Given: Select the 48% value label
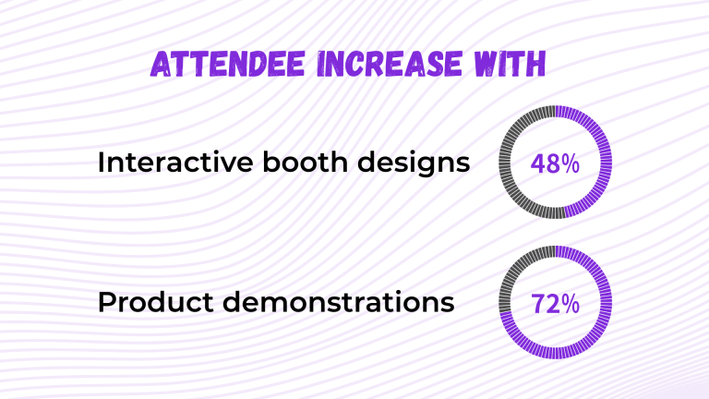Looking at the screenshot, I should (556, 164).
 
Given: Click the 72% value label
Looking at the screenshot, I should (556, 303).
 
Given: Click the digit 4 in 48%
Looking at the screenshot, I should (538, 164).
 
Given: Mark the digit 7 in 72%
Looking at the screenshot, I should (538, 303).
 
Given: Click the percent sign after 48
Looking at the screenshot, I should (571, 164).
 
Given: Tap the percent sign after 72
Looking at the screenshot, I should (571, 303).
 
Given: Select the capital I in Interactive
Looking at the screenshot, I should (101, 163).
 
